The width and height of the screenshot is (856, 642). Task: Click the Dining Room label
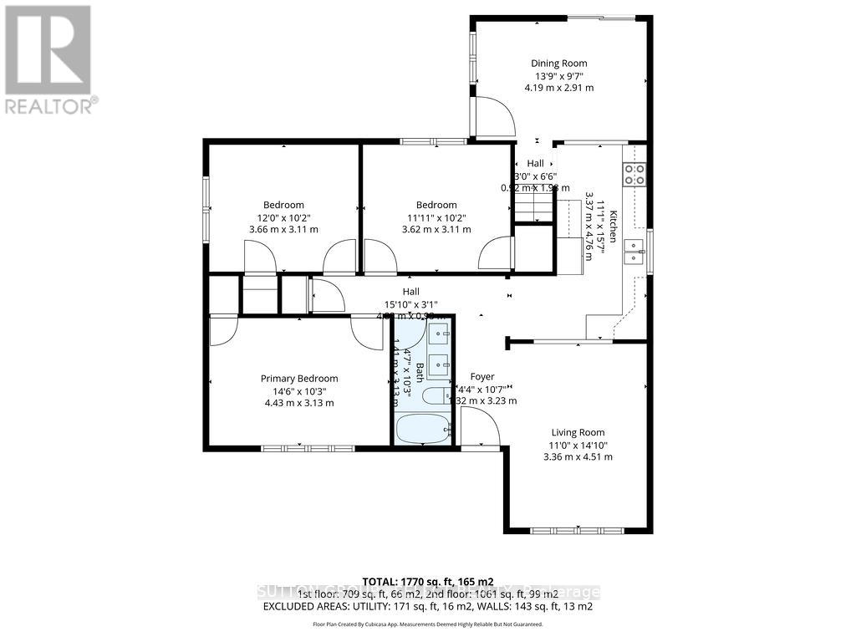[559, 63]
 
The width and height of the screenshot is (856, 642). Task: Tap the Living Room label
[578, 432]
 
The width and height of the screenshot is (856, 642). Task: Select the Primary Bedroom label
[299, 379]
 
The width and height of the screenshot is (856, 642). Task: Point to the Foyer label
[482, 377]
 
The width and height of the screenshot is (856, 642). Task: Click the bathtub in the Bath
[423, 431]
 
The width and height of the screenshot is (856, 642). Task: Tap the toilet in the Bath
[435, 396]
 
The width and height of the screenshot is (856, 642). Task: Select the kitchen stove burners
[634, 175]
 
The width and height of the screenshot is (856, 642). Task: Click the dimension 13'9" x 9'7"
[559, 75]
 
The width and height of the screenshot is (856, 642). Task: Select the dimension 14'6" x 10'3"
[299, 390]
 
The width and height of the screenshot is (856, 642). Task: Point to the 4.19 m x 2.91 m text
[559, 87]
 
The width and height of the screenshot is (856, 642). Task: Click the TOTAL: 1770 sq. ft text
[428, 581]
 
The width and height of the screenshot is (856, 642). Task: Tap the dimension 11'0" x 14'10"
[578, 445]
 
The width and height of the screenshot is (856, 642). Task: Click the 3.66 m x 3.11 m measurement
[283, 229]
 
